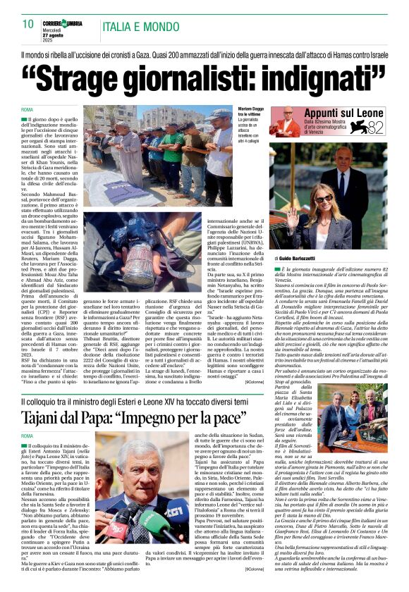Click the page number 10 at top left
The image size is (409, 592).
pos(27,23)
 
